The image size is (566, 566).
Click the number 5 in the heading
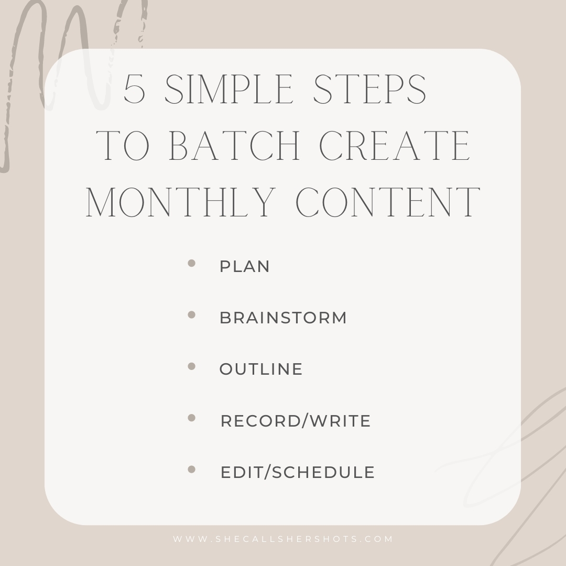(x=135, y=89)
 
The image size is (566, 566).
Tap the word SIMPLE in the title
(x=228, y=89)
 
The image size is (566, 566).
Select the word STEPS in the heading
(x=369, y=89)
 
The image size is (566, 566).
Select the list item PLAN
(x=245, y=266)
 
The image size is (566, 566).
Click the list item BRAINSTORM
(x=284, y=318)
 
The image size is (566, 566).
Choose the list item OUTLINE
(x=261, y=369)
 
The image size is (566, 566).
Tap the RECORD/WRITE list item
(x=296, y=421)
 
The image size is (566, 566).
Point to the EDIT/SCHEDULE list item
(x=298, y=473)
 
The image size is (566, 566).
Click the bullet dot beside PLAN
(x=192, y=263)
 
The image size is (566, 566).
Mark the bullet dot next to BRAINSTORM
(x=192, y=315)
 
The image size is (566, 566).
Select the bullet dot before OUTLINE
(x=192, y=366)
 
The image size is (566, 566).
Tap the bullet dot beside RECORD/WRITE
(x=192, y=418)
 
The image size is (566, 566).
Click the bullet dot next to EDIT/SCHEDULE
(x=192, y=469)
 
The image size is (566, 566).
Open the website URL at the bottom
(x=283, y=539)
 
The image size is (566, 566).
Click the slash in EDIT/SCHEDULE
(x=267, y=473)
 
